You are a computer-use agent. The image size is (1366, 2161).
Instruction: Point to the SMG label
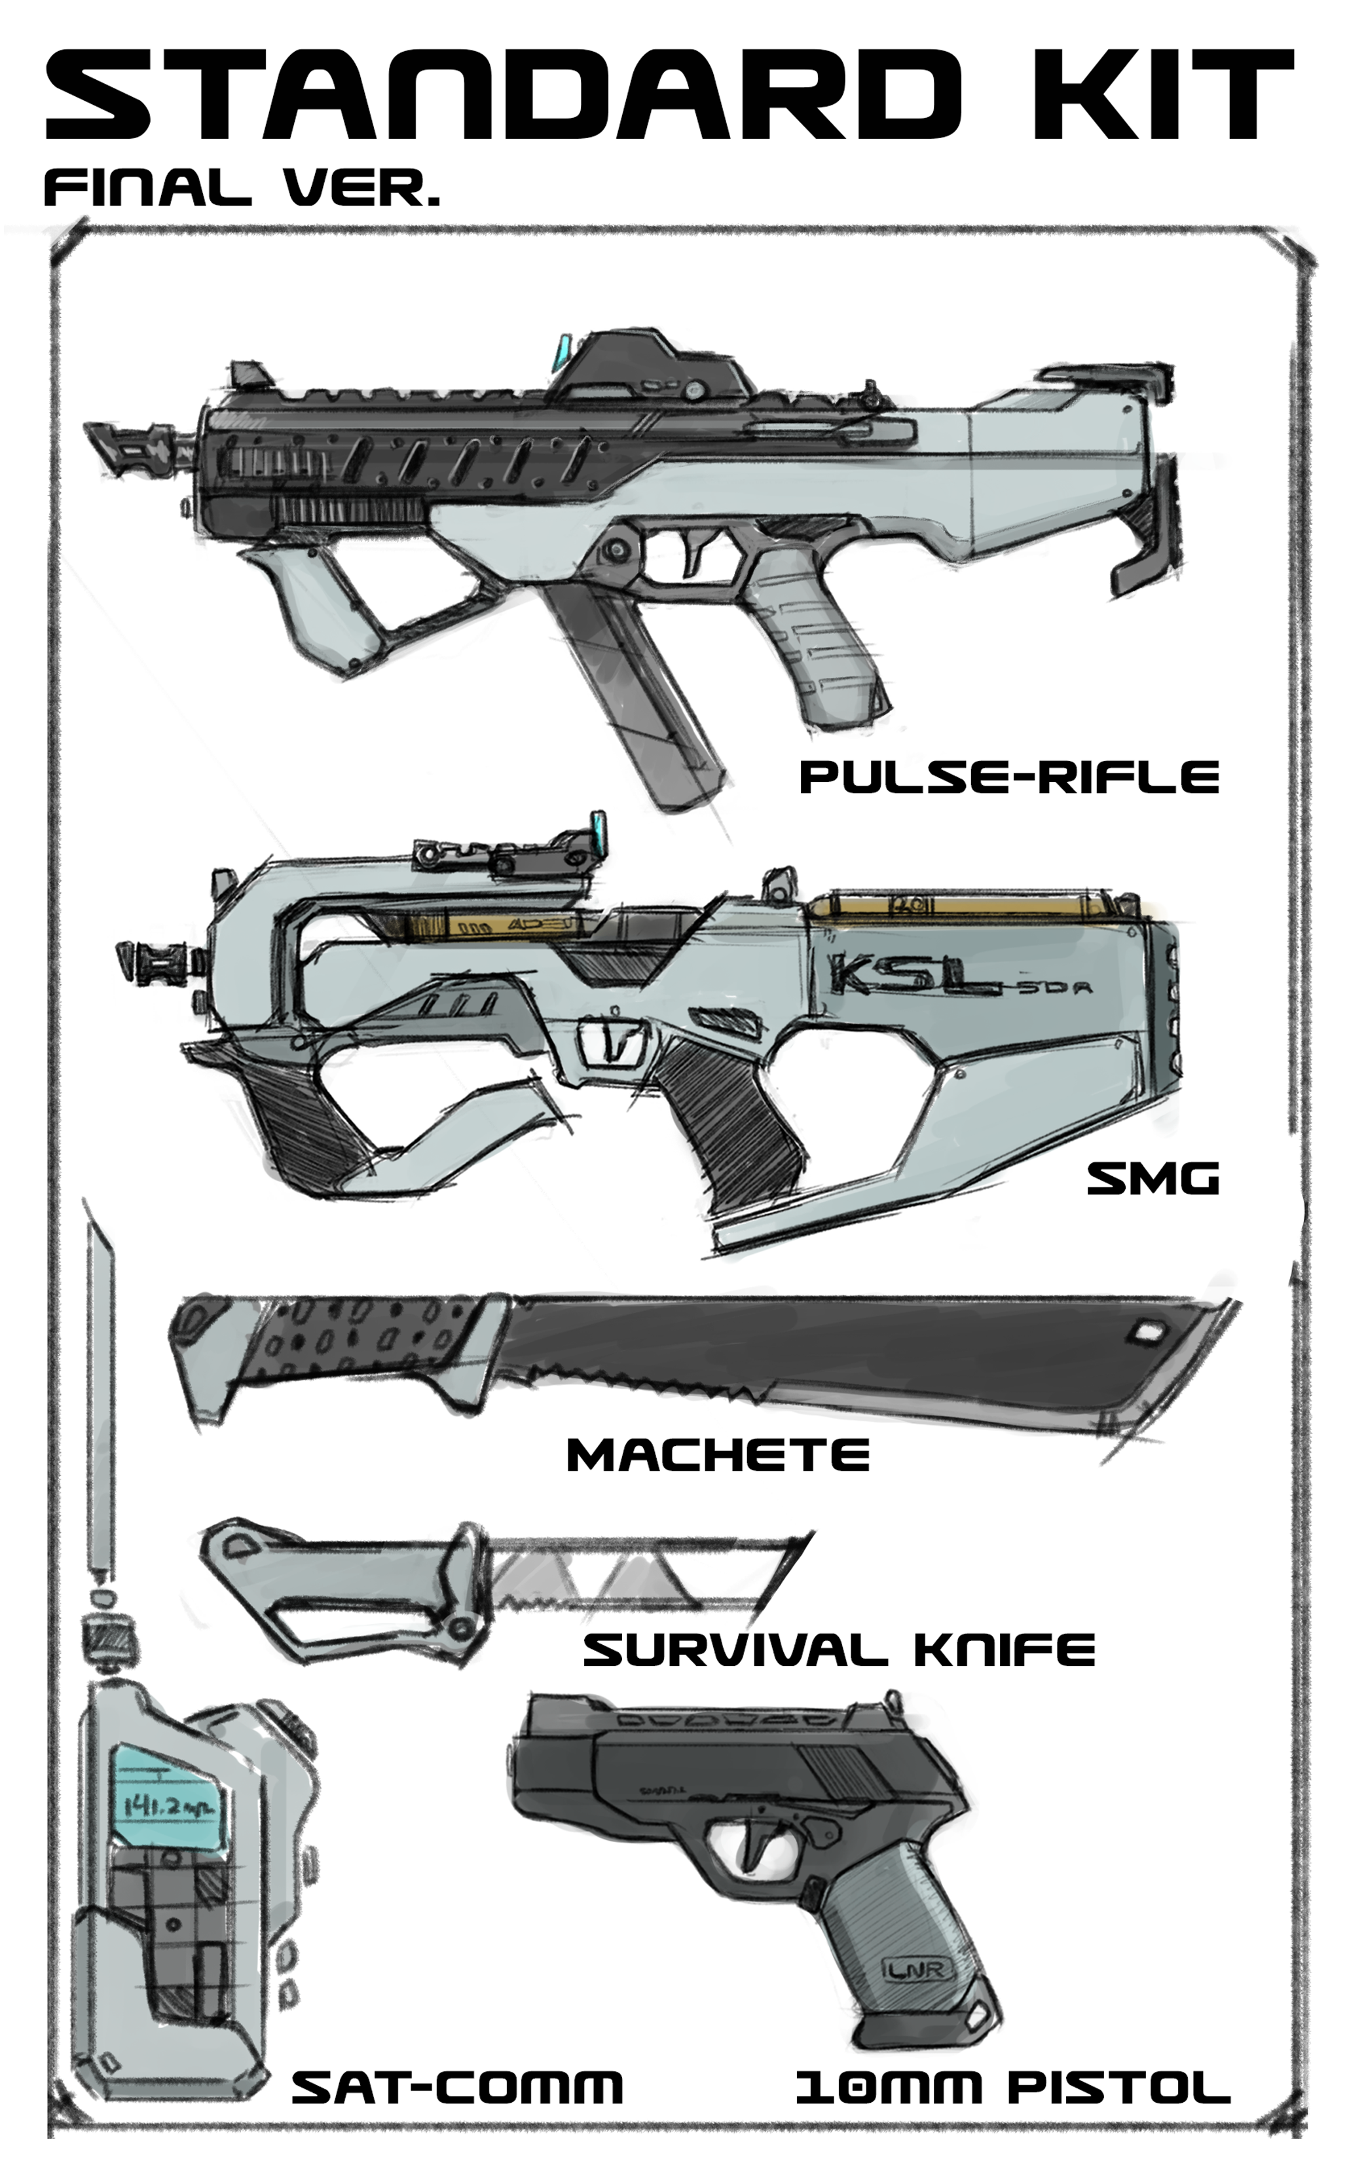[x=1153, y=1178]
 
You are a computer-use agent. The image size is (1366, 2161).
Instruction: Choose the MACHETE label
[x=718, y=1454]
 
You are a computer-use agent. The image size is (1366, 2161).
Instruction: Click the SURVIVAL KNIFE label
[x=839, y=1648]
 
